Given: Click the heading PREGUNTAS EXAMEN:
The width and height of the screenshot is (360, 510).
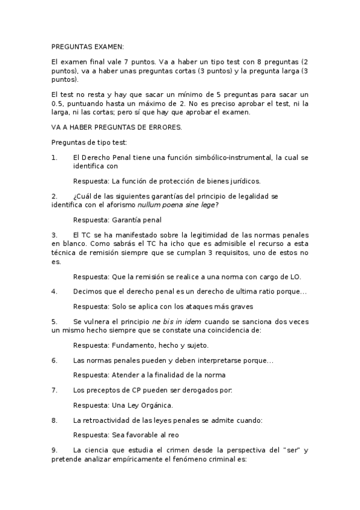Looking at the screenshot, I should point(88,45).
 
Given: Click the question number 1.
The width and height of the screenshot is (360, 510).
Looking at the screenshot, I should point(54,158).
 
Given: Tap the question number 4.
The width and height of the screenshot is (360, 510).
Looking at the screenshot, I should point(54,291).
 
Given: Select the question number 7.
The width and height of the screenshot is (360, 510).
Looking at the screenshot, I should point(54,390).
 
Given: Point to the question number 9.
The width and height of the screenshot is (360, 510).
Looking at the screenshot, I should point(54,449).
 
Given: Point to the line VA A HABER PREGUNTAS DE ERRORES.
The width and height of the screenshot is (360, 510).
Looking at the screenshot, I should point(117,127).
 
